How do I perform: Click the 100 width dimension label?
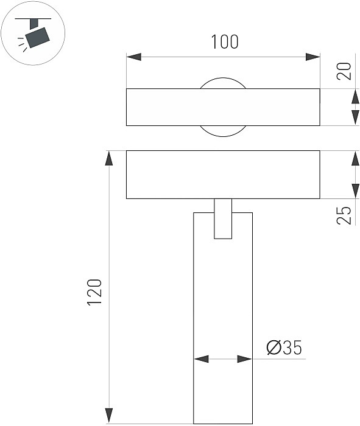tap(224, 42)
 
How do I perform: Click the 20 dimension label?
tap(345, 72)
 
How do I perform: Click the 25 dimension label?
tap(345, 215)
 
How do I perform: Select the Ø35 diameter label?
tap(284, 348)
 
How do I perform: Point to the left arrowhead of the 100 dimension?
tap(133, 57)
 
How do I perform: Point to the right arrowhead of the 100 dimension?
tap(312, 57)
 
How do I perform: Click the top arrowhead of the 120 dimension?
tap(110, 158)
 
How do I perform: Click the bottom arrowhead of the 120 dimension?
tap(110, 416)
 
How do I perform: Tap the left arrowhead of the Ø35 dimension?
tap(201, 360)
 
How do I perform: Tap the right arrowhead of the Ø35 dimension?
tap(245, 360)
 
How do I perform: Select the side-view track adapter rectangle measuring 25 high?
tap(223, 174)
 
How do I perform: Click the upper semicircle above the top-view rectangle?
tap(223, 83)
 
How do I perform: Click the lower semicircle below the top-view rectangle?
tap(223, 130)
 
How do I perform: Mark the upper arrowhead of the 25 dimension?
tap(355, 158)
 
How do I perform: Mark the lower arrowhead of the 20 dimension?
tap(355, 117)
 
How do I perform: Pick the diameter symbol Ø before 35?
tap(273, 348)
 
